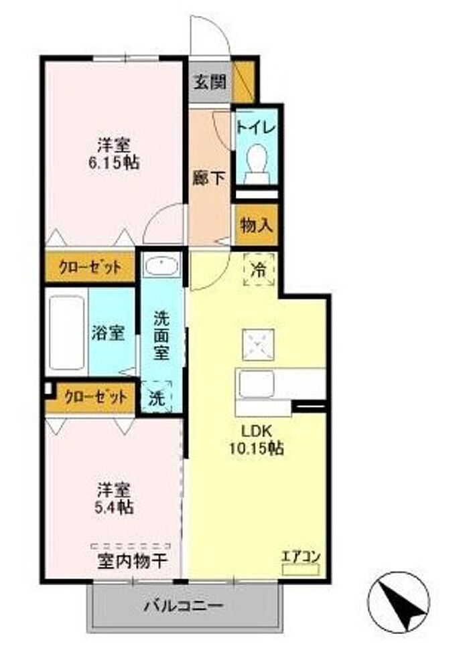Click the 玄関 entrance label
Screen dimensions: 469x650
coord(210,82)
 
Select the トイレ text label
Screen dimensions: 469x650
coord(256,127)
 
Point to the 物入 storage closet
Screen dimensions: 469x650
coord(256,225)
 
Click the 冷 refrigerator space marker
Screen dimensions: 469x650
coord(259,270)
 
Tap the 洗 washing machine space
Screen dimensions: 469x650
coord(157,397)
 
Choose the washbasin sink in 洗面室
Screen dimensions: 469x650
coord(161,265)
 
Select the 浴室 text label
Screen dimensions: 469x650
coord(109,333)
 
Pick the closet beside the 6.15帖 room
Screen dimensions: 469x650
coord(90,267)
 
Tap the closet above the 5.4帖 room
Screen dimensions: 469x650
coord(95,398)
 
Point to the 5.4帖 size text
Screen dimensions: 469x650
coord(114,507)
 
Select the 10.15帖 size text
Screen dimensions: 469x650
coord(257,448)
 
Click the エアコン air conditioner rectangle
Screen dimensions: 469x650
coord(300,570)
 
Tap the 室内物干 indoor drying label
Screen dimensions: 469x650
coord(133,562)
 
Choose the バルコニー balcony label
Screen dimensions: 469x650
coord(184,606)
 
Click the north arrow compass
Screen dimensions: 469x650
coord(399,602)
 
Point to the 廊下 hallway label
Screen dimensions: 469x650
coord(209,178)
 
